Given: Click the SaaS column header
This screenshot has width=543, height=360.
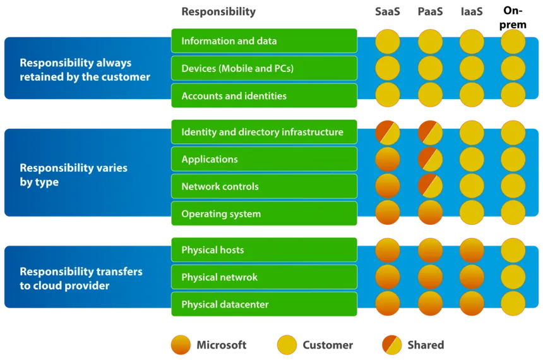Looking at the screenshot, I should click(x=388, y=12).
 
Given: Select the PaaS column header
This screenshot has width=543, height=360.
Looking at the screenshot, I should click(x=430, y=12).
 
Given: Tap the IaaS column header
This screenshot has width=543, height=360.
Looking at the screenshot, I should click(x=471, y=12).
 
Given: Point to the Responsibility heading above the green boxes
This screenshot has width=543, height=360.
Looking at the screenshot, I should click(x=218, y=12).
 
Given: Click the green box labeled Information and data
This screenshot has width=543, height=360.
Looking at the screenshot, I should click(x=264, y=41).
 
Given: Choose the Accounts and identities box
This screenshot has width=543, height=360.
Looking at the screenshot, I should click(x=264, y=96).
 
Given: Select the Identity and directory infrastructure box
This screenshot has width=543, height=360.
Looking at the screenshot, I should click(x=264, y=132).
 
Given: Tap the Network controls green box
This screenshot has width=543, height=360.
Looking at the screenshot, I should click(x=264, y=186).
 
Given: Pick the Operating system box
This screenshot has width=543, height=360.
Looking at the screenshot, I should click(x=264, y=214).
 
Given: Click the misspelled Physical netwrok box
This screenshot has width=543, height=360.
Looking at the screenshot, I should click(x=264, y=277).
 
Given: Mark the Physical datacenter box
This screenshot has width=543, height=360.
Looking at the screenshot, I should click(x=264, y=304).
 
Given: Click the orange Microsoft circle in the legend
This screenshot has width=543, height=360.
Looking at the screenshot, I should click(x=181, y=345).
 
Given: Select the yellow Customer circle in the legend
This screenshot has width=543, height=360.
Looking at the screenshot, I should click(x=287, y=345).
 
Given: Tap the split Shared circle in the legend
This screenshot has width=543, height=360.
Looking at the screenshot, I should click(x=392, y=345).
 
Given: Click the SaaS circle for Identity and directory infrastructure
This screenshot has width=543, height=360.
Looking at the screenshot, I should click(x=388, y=132).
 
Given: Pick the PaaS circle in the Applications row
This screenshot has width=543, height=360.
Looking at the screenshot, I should click(x=430, y=159).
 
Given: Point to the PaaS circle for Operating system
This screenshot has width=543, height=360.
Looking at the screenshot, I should click(x=430, y=214).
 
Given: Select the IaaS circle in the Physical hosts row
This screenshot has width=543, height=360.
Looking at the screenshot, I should click(x=472, y=250).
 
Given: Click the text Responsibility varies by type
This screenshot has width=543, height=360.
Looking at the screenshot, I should click(x=73, y=175).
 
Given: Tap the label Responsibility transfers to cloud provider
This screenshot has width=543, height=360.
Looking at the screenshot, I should click(x=81, y=279).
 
